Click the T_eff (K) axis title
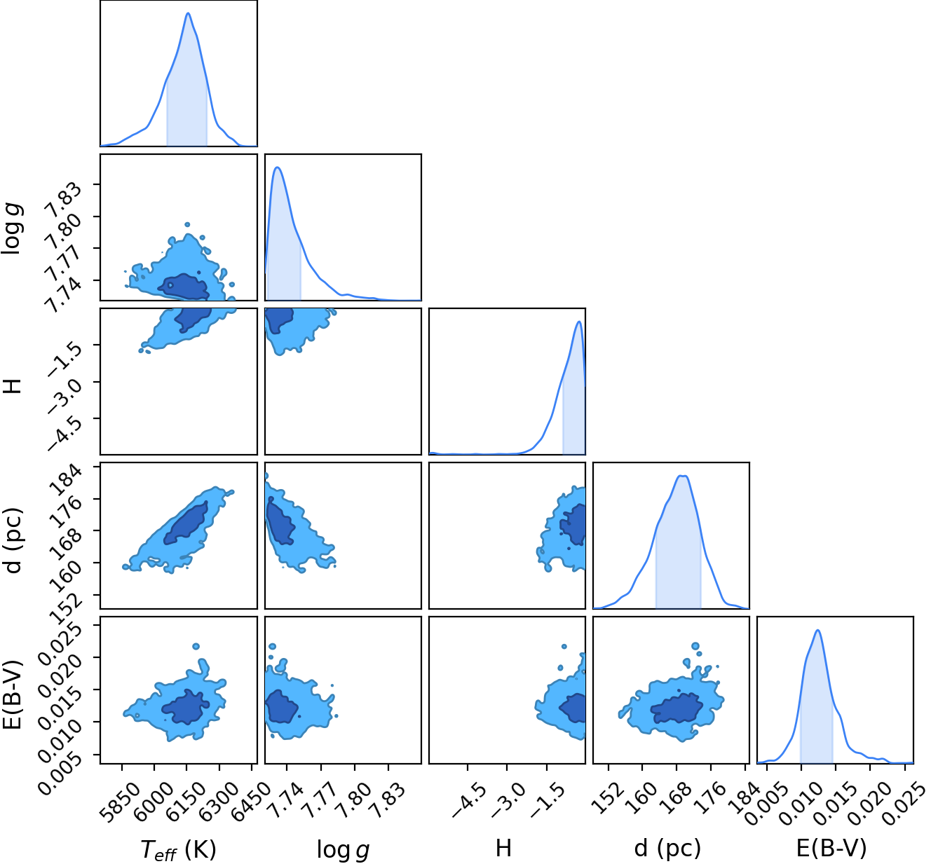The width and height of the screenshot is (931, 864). click(x=178, y=849)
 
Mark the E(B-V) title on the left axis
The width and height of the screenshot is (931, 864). click(x=11, y=694)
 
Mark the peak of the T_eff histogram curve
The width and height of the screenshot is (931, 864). click(x=188, y=13)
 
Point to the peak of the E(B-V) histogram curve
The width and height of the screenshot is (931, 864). click(x=817, y=630)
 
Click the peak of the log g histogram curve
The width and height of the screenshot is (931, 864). click(x=277, y=167)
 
